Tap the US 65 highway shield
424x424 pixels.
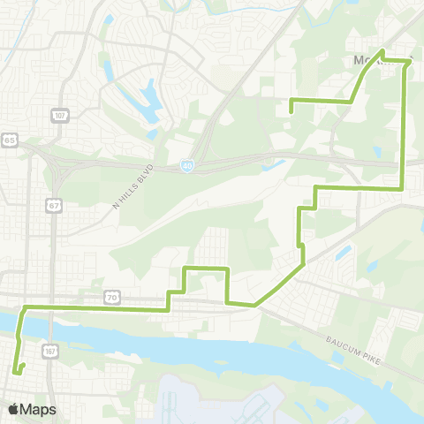[x=9, y=140]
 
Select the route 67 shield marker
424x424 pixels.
[x=53, y=205]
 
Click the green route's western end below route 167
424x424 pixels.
[x=17, y=371]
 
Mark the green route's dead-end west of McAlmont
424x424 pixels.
[x=291, y=110]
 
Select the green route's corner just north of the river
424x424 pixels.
[x=24, y=307]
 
